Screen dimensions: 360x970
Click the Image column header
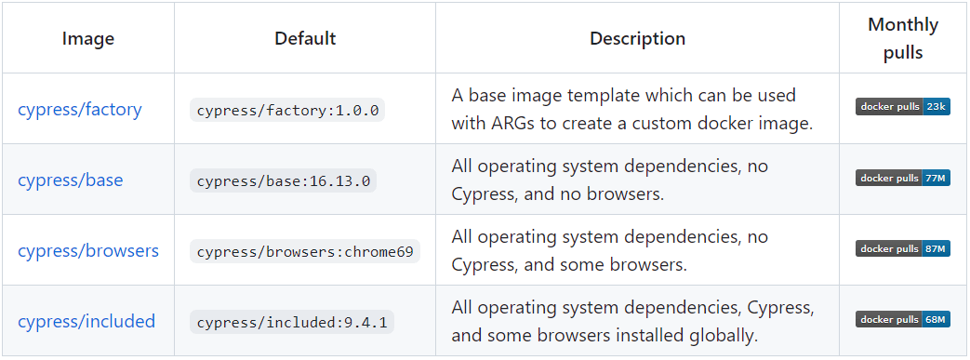click(x=88, y=38)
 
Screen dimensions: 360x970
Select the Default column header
click(x=305, y=38)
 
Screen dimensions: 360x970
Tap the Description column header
click(x=637, y=38)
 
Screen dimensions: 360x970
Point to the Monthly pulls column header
click(x=903, y=38)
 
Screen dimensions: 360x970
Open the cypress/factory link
click(x=80, y=109)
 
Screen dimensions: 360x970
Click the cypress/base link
click(x=70, y=180)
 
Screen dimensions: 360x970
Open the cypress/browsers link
click(x=88, y=250)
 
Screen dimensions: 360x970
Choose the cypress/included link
click(x=86, y=321)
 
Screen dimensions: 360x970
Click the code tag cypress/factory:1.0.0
click(x=287, y=110)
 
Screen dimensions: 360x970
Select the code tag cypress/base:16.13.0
click(x=283, y=180)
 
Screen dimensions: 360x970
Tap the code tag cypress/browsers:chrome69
click(x=305, y=251)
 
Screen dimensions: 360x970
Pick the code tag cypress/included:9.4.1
click(x=292, y=323)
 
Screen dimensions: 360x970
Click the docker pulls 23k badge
click(x=902, y=107)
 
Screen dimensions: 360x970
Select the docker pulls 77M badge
click(x=902, y=178)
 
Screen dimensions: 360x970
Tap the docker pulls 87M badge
click(x=902, y=248)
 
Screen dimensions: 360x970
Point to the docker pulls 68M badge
click(x=902, y=319)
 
